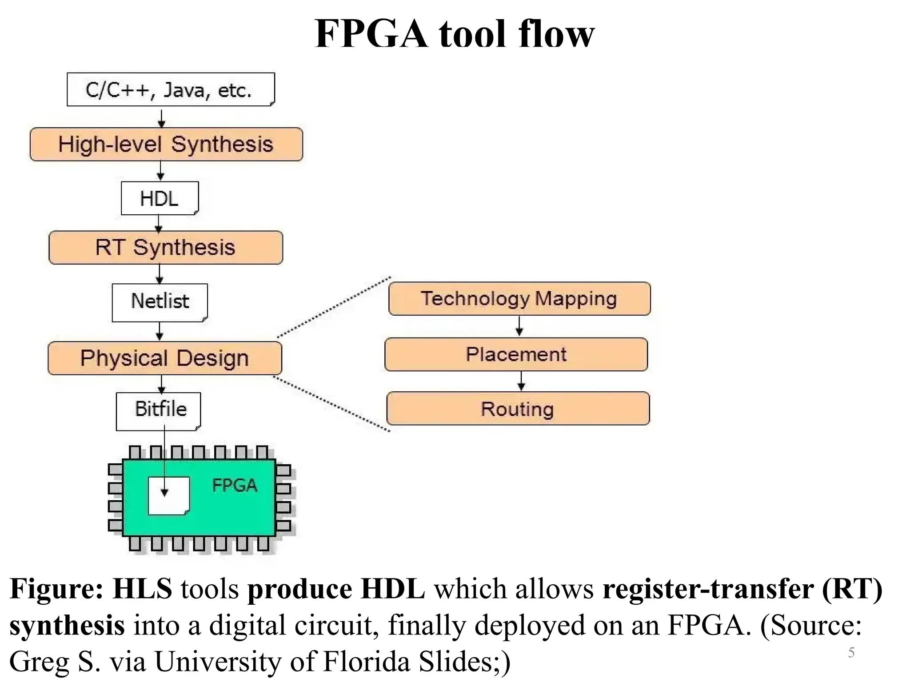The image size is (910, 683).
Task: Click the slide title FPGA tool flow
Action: (x=454, y=34)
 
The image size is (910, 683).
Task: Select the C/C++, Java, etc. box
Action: (x=171, y=89)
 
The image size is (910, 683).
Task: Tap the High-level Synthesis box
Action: (x=166, y=145)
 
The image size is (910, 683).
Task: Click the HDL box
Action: (x=160, y=198)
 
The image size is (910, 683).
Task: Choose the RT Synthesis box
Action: (x=165, y=247)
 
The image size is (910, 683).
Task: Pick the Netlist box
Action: (x=160, y=302)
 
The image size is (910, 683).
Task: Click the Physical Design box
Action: (x=164, y=358)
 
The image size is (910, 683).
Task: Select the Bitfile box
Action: (x=159, y=410)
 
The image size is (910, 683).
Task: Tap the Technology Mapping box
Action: (x=519, y=299)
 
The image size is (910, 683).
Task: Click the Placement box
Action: (x=516, y=354)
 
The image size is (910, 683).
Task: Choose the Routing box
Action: (x=518, y=408)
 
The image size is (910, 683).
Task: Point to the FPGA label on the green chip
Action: (x=235, y=485)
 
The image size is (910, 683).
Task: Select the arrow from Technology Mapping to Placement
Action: (x=519, y=326)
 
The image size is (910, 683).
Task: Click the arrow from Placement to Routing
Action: (x=521, y=381)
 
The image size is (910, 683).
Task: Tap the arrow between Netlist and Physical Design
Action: (x=160, y=331)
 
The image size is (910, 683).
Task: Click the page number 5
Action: (x=851, y=652)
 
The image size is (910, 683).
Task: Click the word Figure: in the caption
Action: (x=56, y=589)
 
